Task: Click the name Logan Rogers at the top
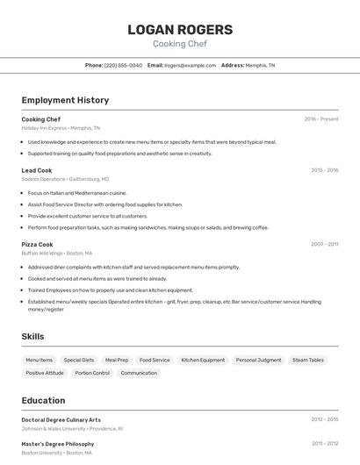(x=180, y=30)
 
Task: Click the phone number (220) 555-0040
(x=123, y=65)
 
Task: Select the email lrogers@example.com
(x=190, y=65)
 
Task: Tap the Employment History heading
(x=65, y=100)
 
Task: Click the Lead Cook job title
(x=37, y=170)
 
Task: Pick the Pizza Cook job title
(x=37, y=245)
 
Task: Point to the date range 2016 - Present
(x=320, y=119)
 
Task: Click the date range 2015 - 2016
(x=324, y=170)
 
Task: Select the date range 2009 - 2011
(x=324, y=245)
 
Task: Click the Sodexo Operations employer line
(x=65, y=178)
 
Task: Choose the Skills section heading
(x=32, y=336)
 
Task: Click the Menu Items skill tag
(x=39, y=360)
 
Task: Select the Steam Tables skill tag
(x=307, y=360)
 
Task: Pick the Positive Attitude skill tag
(x=45, y=373)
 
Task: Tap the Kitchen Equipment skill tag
(x=203, y=360)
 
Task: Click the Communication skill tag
(x=139, y=373)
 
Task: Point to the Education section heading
(x=43, y=400)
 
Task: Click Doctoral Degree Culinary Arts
(x=61, y=420)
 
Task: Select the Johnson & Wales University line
(x=72, y=429)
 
